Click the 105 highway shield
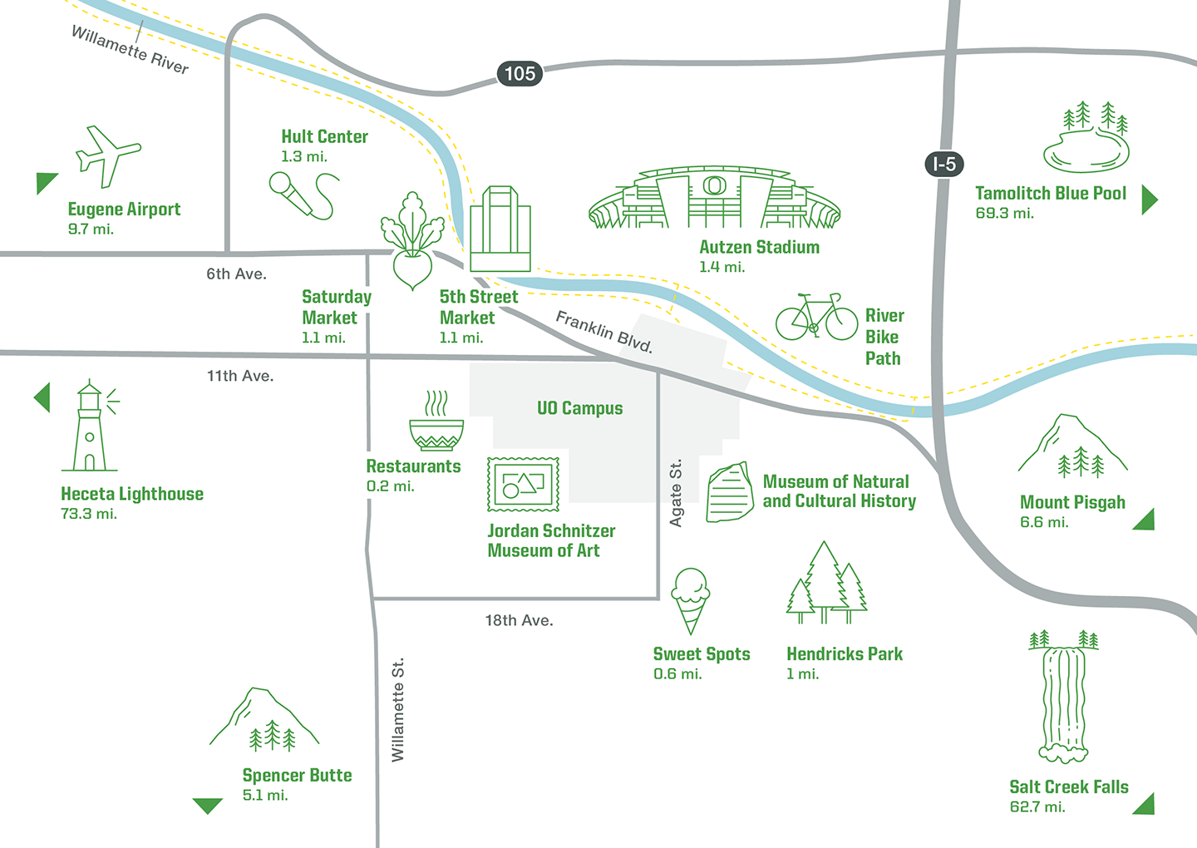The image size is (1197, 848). pos(520,74)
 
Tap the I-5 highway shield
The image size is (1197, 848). pos(944,164)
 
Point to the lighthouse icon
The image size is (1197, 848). pos(91,427)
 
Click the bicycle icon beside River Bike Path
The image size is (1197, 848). pos(816,318)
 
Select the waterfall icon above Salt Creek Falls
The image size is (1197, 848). pos(1063,698)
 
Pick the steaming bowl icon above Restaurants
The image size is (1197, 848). pos(436,422)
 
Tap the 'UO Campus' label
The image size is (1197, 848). pos(579,408)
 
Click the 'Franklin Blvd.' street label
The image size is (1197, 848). pos(604,332)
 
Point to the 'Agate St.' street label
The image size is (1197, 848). pos(676,493)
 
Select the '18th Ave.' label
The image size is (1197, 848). pos(519,620)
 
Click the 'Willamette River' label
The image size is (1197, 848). pos(130,49)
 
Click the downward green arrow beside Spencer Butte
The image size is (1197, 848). pos(207,805)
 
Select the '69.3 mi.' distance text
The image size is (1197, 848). pos(1004,214)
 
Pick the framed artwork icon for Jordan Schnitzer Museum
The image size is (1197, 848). pos(523,484)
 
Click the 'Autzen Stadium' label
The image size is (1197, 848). pos(759,247)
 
